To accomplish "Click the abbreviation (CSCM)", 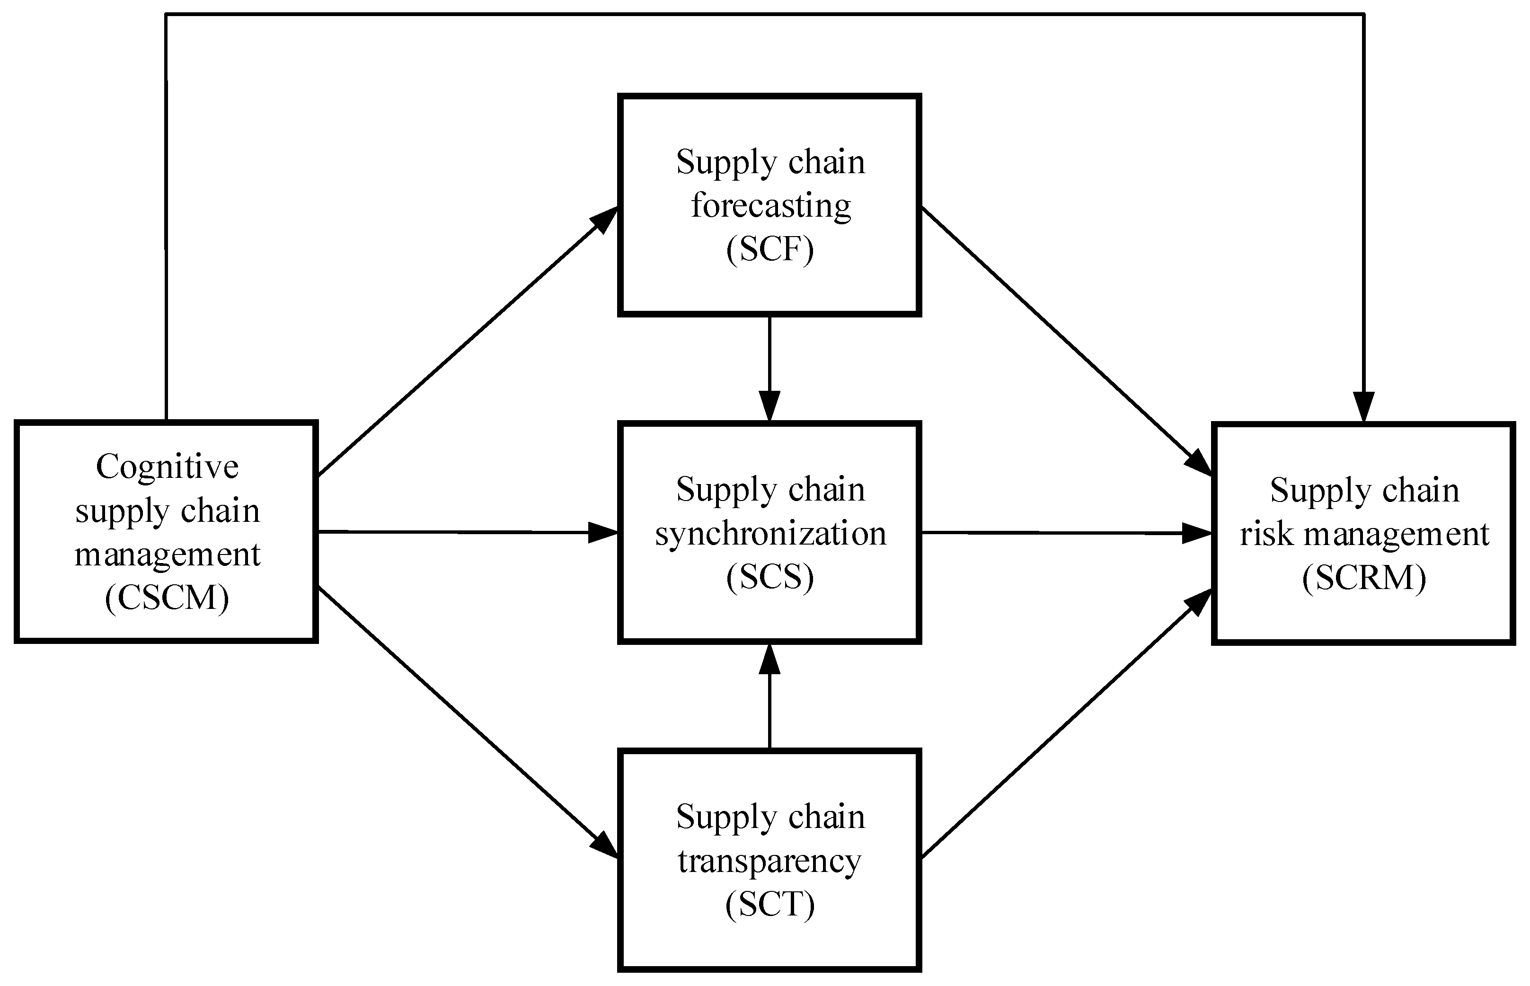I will pos(167,599).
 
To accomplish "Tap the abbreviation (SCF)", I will pos(770,249).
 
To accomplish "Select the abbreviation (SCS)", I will pos(770,577).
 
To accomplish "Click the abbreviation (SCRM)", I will pos(1364,578).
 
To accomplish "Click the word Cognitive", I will pos(167,467).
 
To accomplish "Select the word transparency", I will pos(770,861).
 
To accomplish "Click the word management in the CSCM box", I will pos(167,555).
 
